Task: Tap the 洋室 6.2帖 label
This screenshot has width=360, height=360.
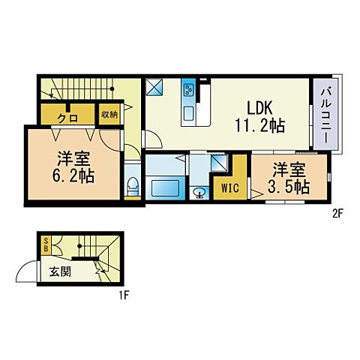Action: tap(73, 166)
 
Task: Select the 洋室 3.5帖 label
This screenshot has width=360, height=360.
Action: tap(289, 178)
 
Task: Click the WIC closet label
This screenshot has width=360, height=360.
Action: tap(229, 188)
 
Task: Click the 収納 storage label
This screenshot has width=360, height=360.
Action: tap(109, 115)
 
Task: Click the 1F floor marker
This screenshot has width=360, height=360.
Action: tap(124, 295)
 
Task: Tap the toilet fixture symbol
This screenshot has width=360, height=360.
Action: tap(132, 184)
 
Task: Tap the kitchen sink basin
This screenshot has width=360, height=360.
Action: tap(188, 114)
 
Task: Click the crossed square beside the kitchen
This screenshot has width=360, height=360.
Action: tap(155, 88)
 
